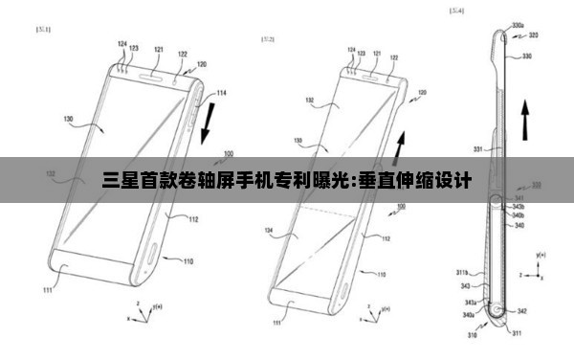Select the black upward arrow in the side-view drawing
point(523,120)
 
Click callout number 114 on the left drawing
point(221,93)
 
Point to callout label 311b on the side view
point(461,272)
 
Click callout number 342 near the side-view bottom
point(521,311)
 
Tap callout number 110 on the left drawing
point(188,260)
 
